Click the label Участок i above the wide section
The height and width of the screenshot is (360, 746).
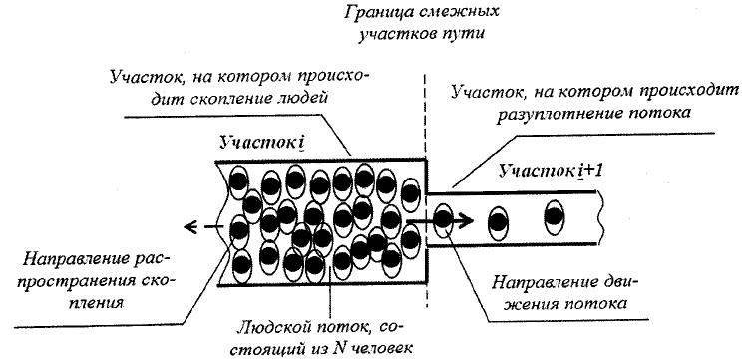262,143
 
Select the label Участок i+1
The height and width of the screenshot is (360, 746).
551,171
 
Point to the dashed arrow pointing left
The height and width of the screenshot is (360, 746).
204,227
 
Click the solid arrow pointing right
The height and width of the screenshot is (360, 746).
440,220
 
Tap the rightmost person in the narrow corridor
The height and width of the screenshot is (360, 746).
555,217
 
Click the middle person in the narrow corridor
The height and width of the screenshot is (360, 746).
499,223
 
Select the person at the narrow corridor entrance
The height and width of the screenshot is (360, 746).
444,219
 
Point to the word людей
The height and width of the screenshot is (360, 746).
304,99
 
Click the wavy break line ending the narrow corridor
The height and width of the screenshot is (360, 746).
602,218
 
